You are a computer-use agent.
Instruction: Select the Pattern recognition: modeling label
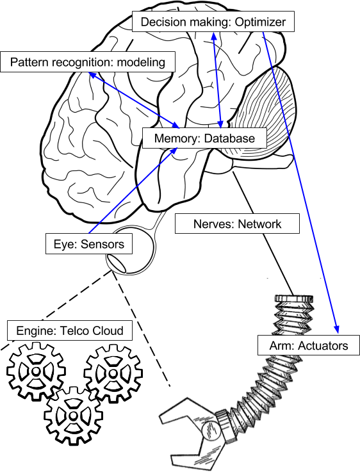pyautogui.click(x=87, y=62)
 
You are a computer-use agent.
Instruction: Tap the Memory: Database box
pyautogui.click(x=204, y=138)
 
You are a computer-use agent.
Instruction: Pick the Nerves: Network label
pyautogui.click(x=237, y=224)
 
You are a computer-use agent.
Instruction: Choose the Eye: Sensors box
pyautogui.click(x=89, y=244)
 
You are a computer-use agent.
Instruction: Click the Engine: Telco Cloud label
pyautogui.click(x=69, y=331)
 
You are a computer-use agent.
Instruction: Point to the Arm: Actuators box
pyautogui.click(x=309, y=346)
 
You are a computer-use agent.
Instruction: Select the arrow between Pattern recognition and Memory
pyautogui.click(x=135, y=99)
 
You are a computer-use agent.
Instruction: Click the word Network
pyautogui.click(x=259, y=224)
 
